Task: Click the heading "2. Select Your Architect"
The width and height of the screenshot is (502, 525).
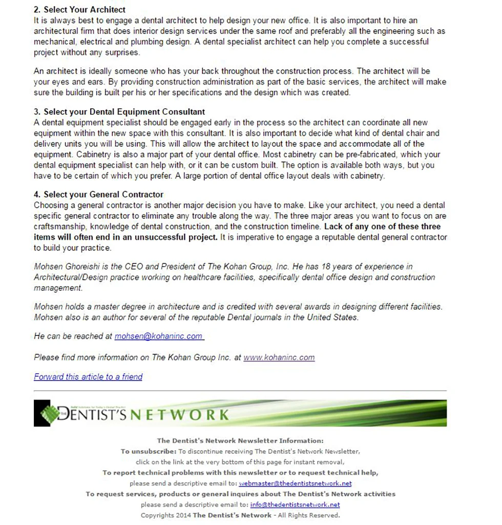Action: tap(79, 10)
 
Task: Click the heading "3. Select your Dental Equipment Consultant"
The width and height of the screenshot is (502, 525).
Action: tap(119, 112)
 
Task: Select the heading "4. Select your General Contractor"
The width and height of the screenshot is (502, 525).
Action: tap(98, 194)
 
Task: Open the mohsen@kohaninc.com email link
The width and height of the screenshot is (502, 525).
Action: tap(158, 336)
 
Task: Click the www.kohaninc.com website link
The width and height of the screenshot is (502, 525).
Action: tap(279, 357)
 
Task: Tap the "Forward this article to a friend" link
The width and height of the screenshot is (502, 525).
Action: tap(88, 377)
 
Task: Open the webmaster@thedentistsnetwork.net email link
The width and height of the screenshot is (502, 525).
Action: tap(295, 483)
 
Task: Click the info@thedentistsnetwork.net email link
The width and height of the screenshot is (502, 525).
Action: tap(295, 504)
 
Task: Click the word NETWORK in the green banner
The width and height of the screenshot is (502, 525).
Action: tap(179, 415)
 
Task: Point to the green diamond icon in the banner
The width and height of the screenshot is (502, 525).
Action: tap(49, 414)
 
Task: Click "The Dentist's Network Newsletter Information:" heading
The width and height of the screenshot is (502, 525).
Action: tap(240, 440)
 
